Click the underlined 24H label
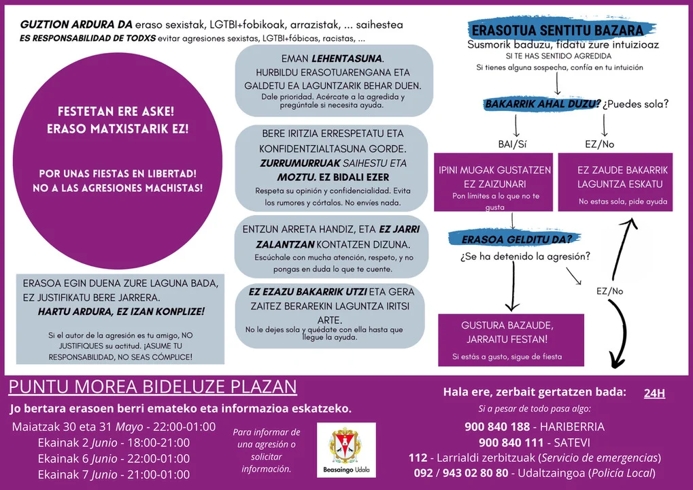pyautogui.click(x=654, y=393)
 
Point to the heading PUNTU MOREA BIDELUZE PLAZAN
pyautogui.click(x=153, y=387)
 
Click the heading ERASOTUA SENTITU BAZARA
pyautogui.click(x=556, y=31)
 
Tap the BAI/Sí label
pyautogui.click(x=512, y=144)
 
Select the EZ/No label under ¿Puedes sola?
pyautogui.click(x=599, y=144)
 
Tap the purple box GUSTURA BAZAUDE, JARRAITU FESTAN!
pyautogui.click(x=511, y=339)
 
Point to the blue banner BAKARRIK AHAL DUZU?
pyautogui.click(x=542, y=104)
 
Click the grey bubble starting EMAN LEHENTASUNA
pyautogui.click(x=333, y=80)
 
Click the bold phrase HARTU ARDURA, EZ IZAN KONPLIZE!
pyautogui.click(x=121, y=312)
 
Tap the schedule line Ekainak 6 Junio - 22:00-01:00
pyautogui.click(x=114, y=459)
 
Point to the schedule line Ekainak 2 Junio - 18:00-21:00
pyautogui.click(x=114, y=443)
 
